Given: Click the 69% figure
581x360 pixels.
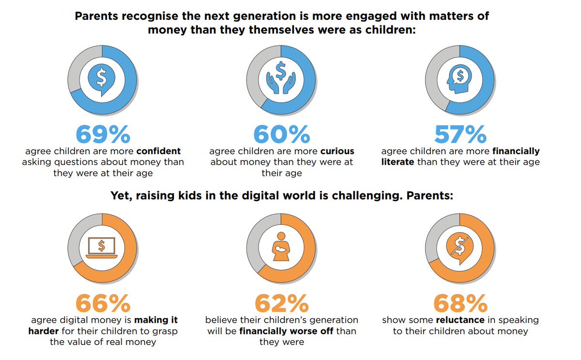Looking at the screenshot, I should click(x=103, y=134).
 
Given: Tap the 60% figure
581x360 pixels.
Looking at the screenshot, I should click(x=281, y=134).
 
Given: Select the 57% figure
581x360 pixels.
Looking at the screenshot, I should click(x=460, y=134).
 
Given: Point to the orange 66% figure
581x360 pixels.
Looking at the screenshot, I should click(x=103, y=304).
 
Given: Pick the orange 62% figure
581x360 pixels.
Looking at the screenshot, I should click(x=281, y=304).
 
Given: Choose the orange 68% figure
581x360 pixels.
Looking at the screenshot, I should click(x=460, y=304).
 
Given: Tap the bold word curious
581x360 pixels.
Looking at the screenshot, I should click(x=337, y=151).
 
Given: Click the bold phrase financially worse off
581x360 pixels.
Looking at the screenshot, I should click(x=282, y=331).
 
